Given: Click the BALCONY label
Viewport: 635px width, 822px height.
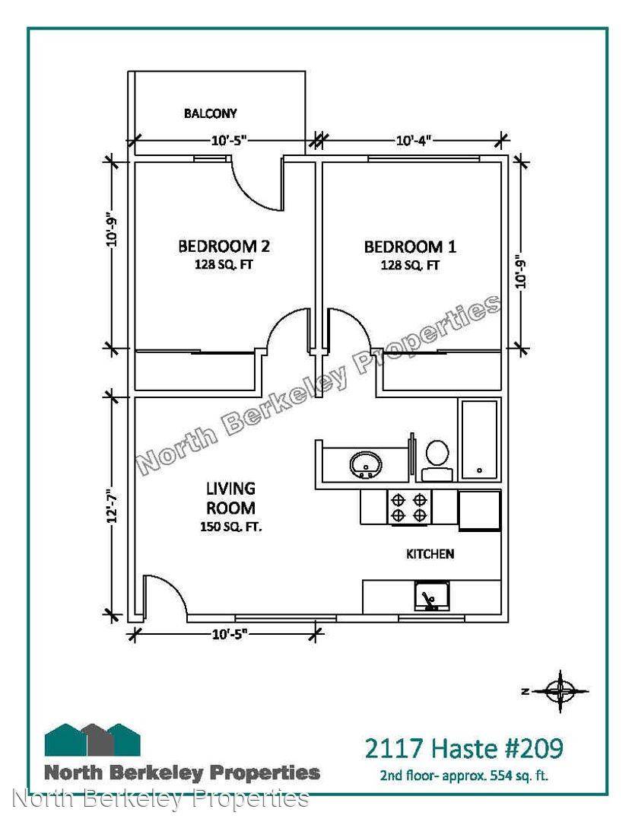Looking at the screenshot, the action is (x=210, y=113).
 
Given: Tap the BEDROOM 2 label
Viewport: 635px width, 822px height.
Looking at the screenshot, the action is (x=224, y=246).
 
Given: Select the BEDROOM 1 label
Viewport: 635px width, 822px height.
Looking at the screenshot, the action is (x=410, y=246).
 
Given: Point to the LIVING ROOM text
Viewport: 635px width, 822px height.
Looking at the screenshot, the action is (x=230, y=498).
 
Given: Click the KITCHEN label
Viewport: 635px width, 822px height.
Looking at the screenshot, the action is (x=430, y=553).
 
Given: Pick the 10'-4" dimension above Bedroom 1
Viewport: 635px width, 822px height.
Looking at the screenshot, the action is (x=413, y=141).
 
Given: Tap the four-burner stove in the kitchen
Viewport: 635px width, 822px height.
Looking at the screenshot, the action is (x=409, y=507).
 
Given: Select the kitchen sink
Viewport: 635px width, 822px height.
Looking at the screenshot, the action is (x=431, y=596).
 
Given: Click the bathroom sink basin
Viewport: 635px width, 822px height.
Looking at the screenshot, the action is (x=366, y=464).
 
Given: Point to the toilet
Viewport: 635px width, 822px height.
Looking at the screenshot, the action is (x=436, y=460).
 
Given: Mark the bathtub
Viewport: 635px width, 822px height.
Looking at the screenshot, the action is (x=479, y=441).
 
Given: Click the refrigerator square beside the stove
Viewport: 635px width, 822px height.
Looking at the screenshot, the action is (x=479, y=511).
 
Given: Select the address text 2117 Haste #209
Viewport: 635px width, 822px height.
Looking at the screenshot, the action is (x=464, y=748).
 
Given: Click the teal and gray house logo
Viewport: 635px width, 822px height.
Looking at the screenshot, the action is (x=93, y=739).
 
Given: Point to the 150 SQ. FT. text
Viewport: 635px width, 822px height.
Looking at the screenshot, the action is (x=230, y=527).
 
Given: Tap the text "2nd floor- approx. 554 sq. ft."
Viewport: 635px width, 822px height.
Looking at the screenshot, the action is (x=464, y=776).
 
